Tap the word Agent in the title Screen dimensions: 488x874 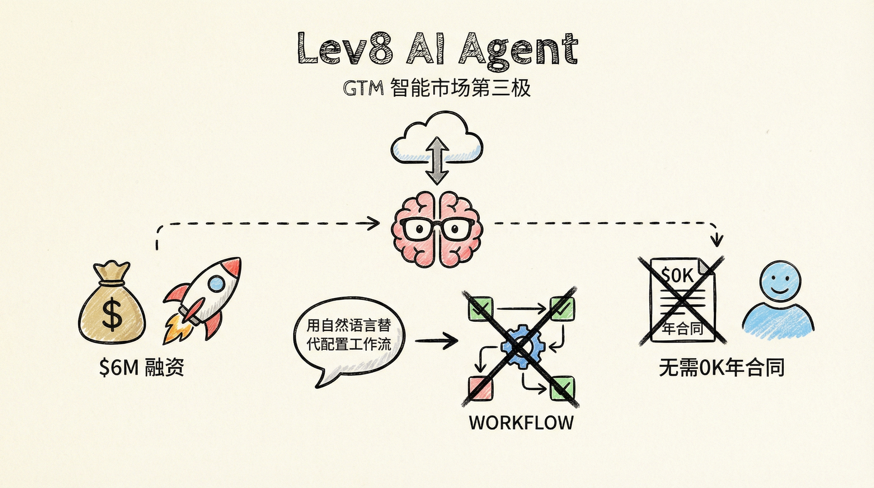tap(517, 51)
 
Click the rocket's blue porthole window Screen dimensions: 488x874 tap(217, 283)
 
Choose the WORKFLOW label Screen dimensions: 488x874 tap(521, 423)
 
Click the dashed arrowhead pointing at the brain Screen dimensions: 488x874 tap(374, 223)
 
